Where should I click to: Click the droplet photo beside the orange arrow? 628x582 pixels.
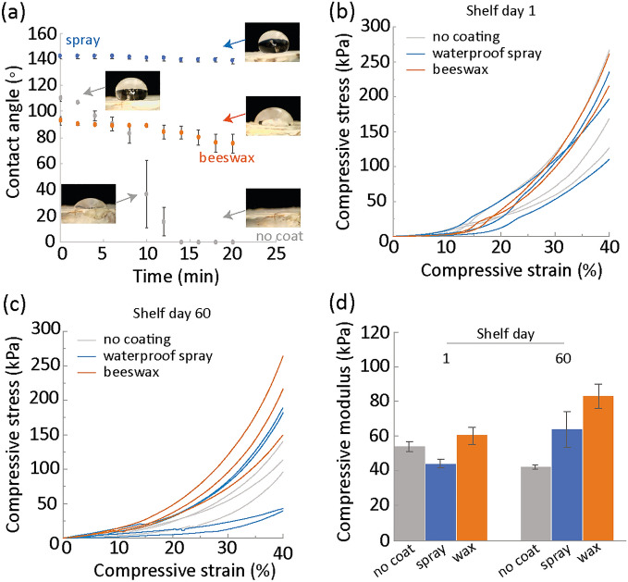coord(275,121)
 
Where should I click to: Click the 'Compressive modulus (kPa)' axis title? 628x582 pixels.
coord(344,439)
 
